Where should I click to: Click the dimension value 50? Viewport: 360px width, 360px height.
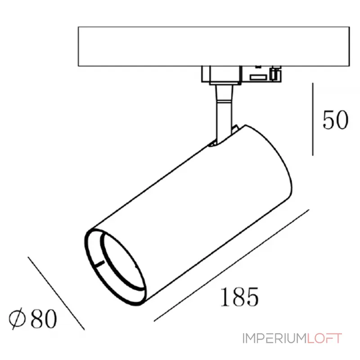coord(335,120)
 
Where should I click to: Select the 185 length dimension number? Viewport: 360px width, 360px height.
coord(239,297)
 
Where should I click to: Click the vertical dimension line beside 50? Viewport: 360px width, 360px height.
coord(313,119)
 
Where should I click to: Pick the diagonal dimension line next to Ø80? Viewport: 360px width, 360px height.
coord(56,292)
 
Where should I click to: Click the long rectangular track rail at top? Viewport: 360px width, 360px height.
coord(213,46)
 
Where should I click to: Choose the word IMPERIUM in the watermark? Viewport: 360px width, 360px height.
coord(274,338)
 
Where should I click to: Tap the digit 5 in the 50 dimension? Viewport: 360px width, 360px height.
coord(328,120)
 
